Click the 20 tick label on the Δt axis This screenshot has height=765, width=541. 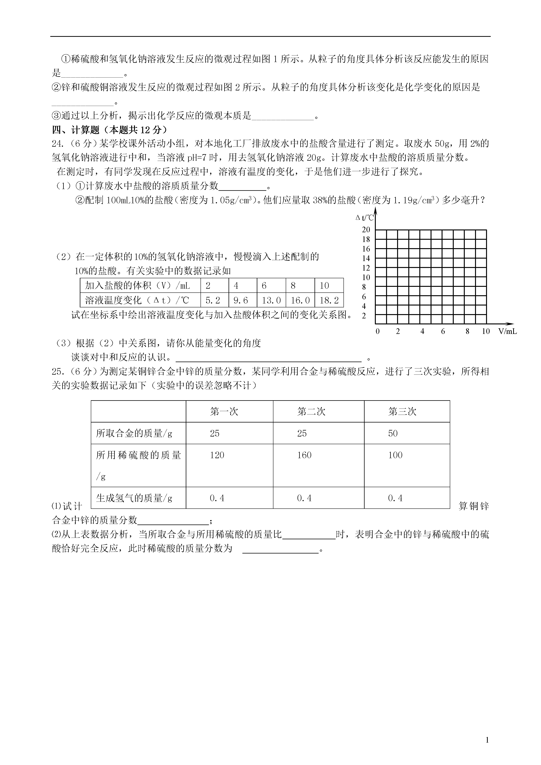click(x=366, y=230)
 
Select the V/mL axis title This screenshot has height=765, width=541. click(x=507, y=331)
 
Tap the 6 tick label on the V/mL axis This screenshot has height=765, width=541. click(x=443, y=331)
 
